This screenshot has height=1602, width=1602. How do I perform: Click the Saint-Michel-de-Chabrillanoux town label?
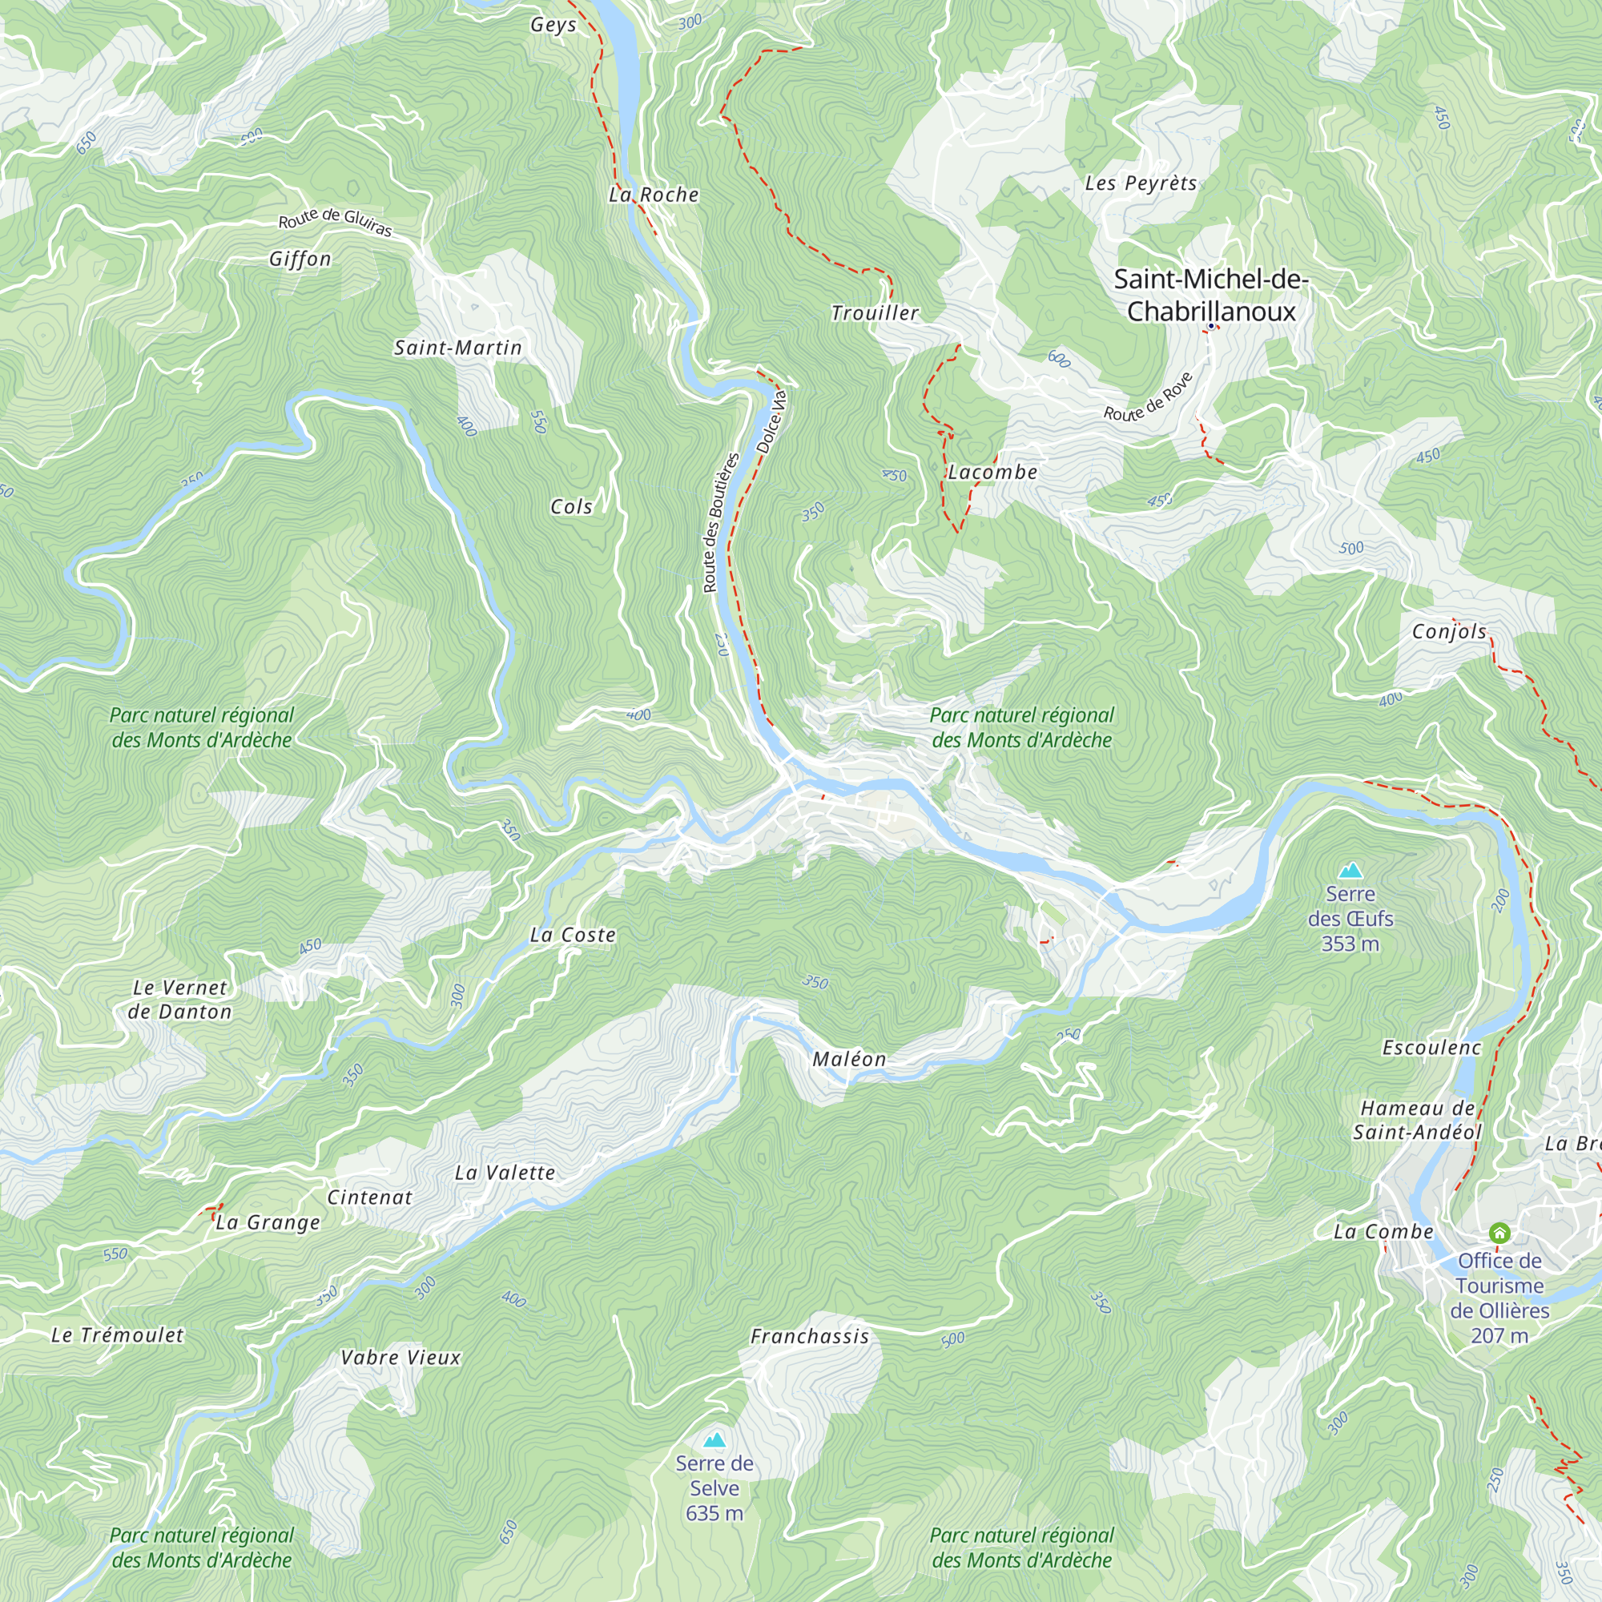1210,296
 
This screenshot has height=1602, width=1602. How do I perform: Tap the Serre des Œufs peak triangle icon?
1350,871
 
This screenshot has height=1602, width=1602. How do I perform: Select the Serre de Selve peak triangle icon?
714,1439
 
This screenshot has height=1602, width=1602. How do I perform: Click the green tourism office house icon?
1499,1233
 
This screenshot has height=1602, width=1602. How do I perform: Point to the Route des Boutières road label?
720,522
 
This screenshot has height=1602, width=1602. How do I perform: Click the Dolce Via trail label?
771,422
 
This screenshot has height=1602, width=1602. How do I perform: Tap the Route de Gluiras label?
335,221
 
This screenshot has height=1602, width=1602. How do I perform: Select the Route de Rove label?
1148,397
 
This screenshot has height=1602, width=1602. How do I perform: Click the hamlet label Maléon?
849,1060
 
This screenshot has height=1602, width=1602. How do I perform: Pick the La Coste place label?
573,936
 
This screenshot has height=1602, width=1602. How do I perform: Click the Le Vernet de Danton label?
180,1000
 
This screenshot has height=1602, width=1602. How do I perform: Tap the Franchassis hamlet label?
810,1337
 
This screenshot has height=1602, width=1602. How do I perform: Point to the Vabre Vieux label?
400,1358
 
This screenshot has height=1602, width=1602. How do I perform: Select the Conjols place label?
1450,632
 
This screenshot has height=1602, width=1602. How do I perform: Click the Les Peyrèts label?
1141,183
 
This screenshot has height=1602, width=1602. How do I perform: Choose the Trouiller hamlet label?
875,313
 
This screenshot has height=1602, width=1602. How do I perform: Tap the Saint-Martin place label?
457,348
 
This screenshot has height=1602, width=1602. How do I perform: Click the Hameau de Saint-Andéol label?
1417,1121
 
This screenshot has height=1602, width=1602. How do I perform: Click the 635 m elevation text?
714,1513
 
